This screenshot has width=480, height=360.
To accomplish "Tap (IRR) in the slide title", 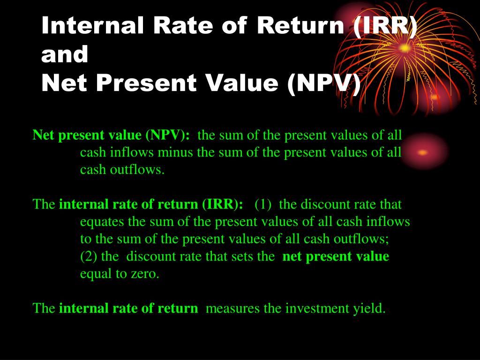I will pyautogui.click(x=384, y=26).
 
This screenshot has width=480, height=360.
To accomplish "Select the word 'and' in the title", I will pyautogui.click(x=65, y=55).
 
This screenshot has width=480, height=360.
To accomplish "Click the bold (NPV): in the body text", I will pyautogui.click(x=168, y=135).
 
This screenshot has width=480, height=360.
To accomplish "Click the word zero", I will pyautogui.click(x=147, y=274).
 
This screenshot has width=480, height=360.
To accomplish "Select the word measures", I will pyautogui.click(x=230, y=308).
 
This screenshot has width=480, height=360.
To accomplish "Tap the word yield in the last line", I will pyautogui.click(x=373, y=308).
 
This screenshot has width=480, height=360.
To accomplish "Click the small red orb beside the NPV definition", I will pyautogui.click(x=423, y=152).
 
